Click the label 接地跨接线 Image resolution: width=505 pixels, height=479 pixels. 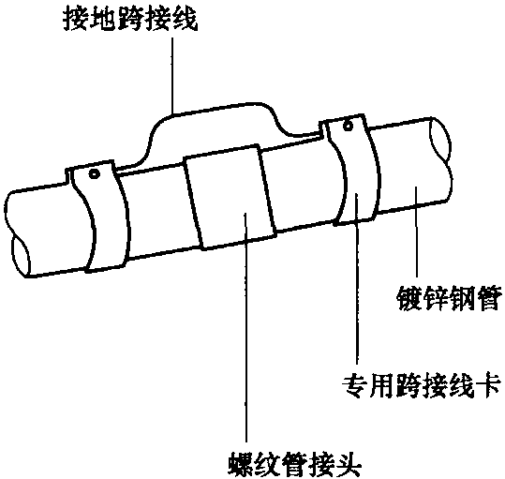(x=130, y=19)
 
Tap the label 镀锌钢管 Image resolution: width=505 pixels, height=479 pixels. (x=450, y=298)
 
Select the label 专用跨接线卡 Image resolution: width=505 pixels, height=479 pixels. (x=422, y=386)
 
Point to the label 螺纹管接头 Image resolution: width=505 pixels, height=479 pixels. (x=295, y=465)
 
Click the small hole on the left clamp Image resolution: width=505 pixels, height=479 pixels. (x=94, y=174)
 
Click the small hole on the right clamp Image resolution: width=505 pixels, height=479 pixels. (x=348, y=126)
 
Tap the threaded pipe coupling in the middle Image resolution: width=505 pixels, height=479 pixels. (x=230, y=197)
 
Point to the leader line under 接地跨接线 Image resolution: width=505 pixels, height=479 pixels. (x=172, y=75)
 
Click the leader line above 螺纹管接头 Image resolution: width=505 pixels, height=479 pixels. (x=245, y=327)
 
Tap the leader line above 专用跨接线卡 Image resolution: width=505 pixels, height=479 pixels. (x=357, y=278)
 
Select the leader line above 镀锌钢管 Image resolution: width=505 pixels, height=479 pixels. (x=416, y=232)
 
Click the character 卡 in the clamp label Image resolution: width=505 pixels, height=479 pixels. (x=489, y=386)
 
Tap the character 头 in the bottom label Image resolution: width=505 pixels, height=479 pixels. (x=349, y=465)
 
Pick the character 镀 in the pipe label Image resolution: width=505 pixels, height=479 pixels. (x=409, y=298)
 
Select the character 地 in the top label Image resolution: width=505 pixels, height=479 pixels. (x=103, y=19)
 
